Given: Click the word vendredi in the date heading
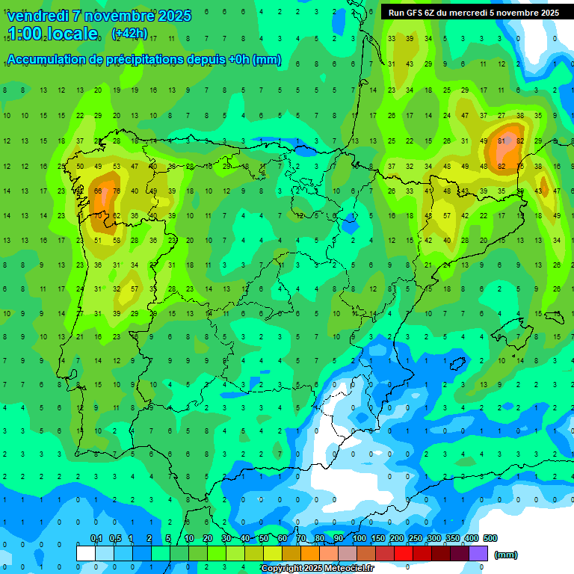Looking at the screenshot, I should click(x=38, y=16).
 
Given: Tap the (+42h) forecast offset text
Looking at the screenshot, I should click(x=129, y=34).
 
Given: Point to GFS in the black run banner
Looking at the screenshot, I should click(x=420, y=13).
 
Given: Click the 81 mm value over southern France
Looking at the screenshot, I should click(x=502, y=141).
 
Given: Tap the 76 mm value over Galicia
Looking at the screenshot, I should click(x=117, y=191).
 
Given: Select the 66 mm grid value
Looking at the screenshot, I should click(x=98, y=191).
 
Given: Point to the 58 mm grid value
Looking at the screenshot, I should click(x=117, y=241).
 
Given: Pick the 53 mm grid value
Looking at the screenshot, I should click(x=117, y=166).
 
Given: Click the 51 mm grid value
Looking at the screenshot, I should click(x=98, y=241).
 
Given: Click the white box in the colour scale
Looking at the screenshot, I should click(x=86, y=553).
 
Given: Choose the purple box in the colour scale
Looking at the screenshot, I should click(x=478, y=553).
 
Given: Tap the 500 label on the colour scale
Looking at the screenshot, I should click(x=490, y=538).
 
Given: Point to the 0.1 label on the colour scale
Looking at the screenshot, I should click(x=96, y=538).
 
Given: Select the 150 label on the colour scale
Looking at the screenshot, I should click(x=377, y=538).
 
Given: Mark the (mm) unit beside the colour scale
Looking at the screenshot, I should click(x=506, y=555).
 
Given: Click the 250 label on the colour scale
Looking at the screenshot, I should click(x=415, y=538).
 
